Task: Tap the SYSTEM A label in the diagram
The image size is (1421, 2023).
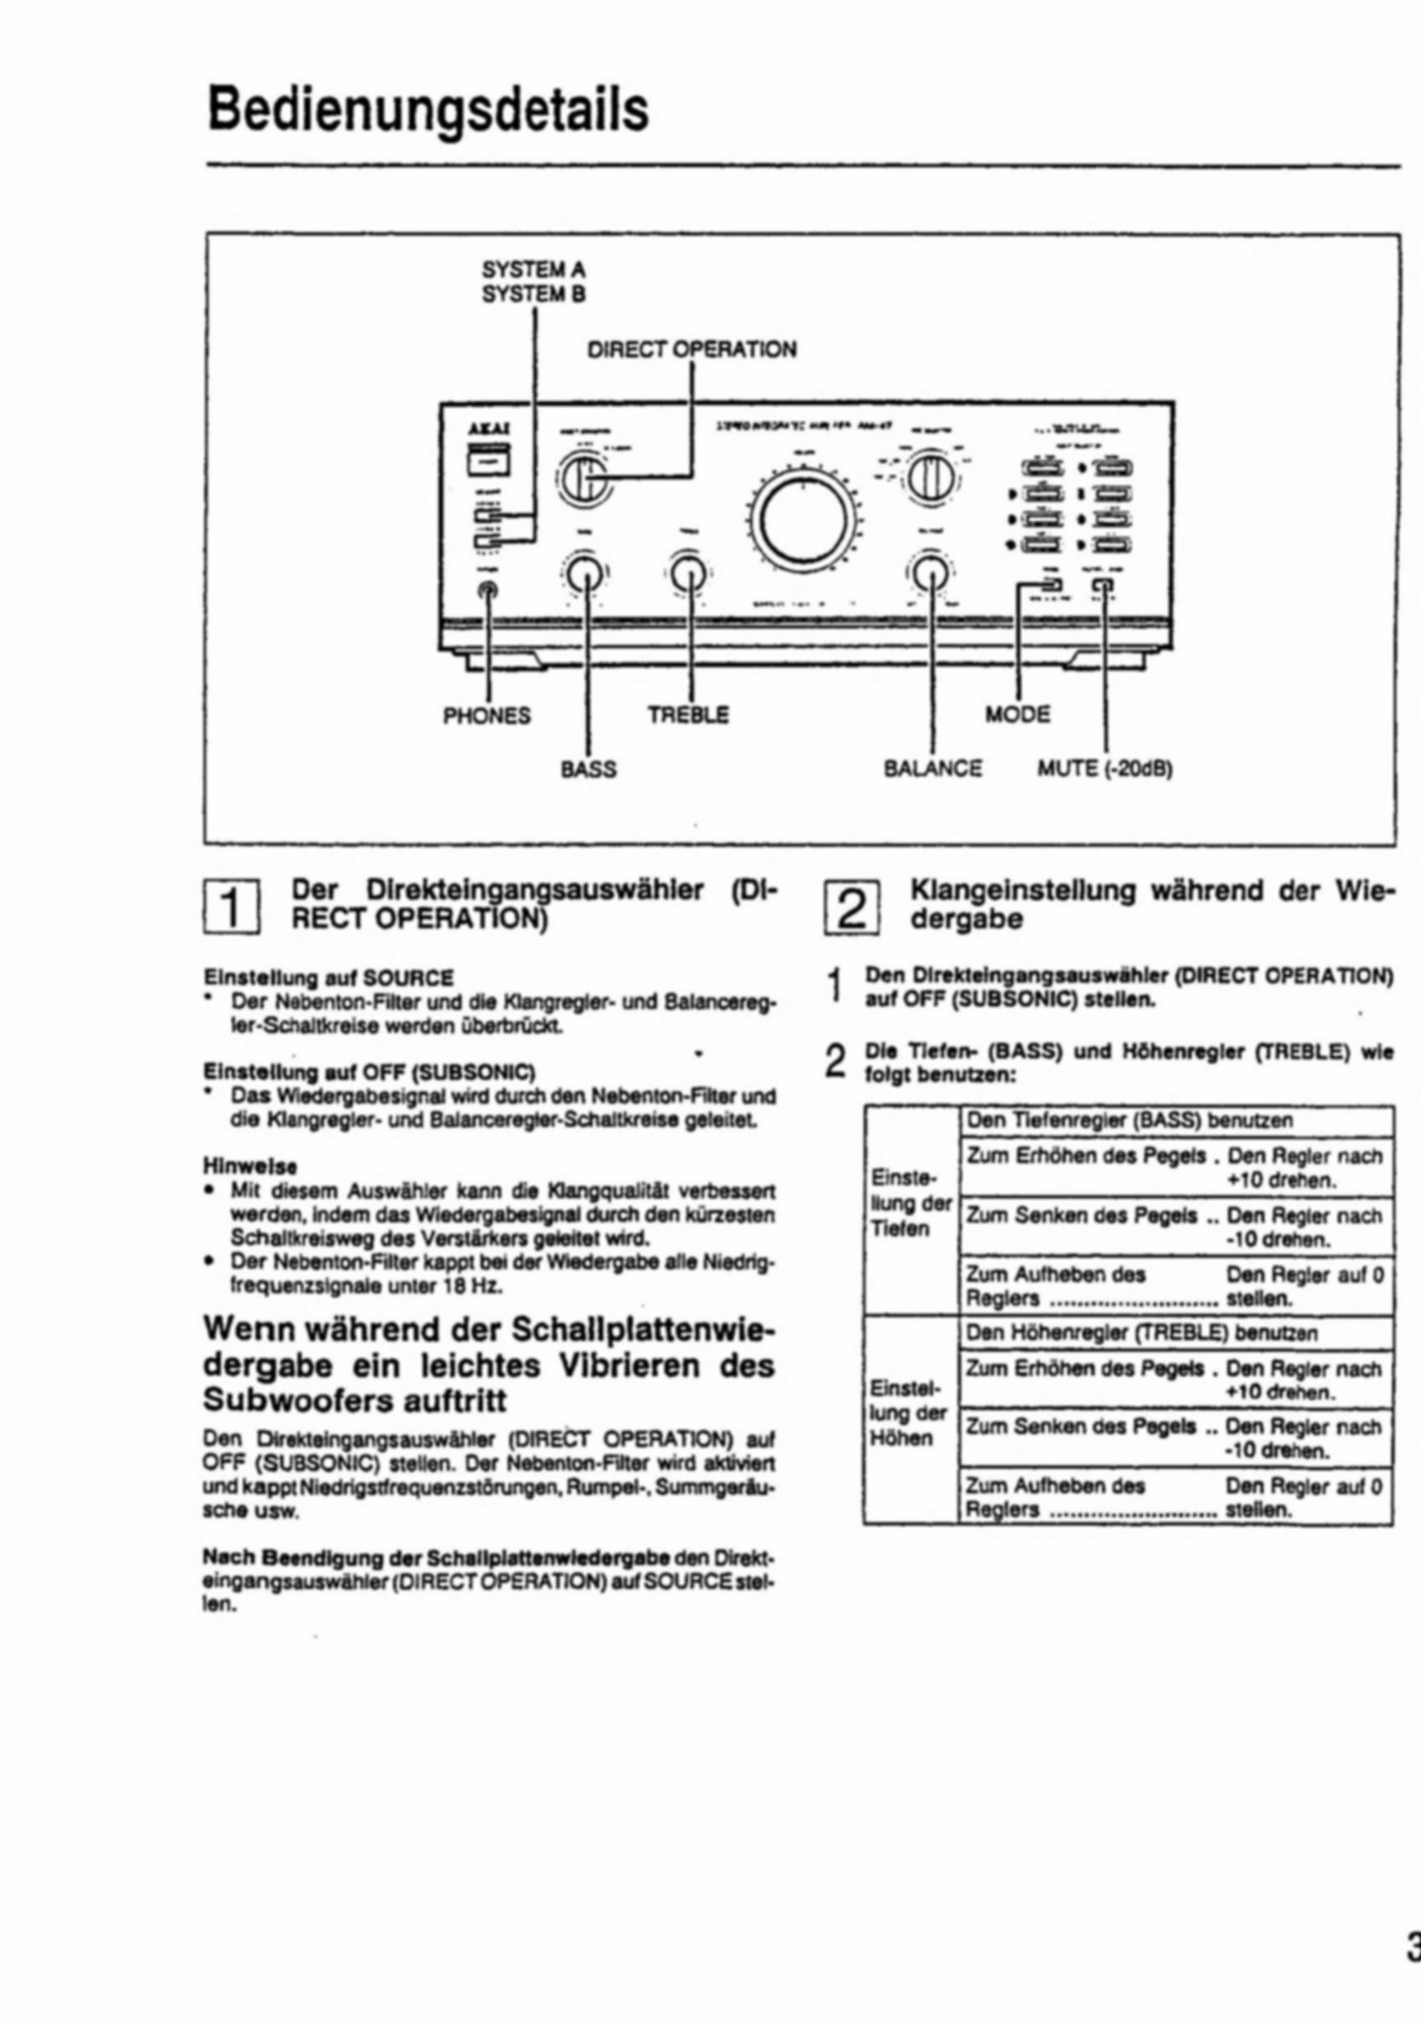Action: click(x=533, y=268)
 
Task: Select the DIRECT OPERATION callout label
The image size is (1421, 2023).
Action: click(x=691, y=350)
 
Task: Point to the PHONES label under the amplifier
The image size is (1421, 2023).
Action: click(x=487, y=716)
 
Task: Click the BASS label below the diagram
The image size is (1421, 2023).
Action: click(x=589, y=769)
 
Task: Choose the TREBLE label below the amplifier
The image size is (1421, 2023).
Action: click(x=689, y=715)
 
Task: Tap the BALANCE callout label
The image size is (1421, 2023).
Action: click(x=933, y=769)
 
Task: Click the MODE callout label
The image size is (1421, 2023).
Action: click(x=1017, y=714)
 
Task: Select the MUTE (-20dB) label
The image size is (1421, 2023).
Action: click(x=1105, y=769)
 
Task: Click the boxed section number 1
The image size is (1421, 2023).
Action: click(x=231, y=906)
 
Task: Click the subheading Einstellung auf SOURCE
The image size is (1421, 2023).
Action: click(x=329, y=978)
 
